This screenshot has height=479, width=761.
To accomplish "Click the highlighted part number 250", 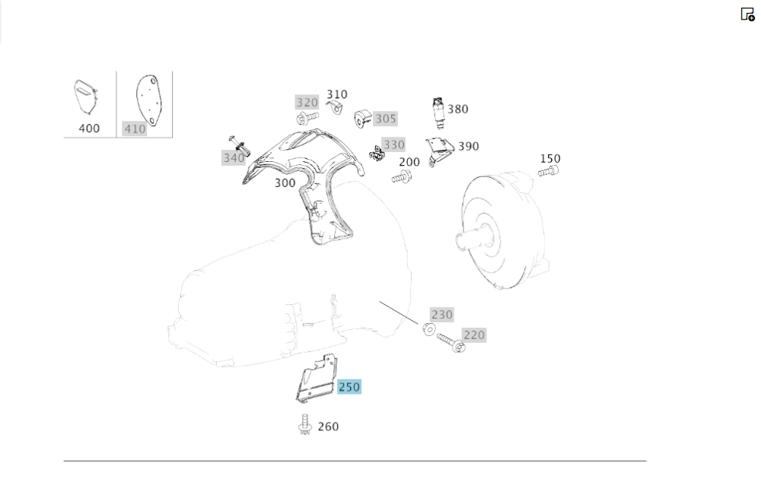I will (x=349, y=387).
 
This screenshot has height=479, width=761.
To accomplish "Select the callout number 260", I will (x=328, y=427).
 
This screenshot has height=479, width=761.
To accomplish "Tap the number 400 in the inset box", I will (x=89, y=128).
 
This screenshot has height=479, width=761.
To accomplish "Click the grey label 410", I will (x=135, y=129).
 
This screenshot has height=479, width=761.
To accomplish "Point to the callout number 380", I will (x=457, y=109).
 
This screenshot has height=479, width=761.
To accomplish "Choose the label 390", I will (x=468, y=146).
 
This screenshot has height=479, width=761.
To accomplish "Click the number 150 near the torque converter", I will (x=550, y=159).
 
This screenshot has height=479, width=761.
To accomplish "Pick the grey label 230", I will (x=441, y=314).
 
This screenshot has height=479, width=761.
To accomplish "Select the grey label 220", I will (x=473, y=335).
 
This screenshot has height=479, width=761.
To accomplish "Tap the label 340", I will (x=234, y=157).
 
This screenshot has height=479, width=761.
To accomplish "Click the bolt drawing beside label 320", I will (x=309, y=118).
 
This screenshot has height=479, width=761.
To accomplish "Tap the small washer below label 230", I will (x=428, y=329).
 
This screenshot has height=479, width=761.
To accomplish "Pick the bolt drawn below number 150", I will (x=547, y=173).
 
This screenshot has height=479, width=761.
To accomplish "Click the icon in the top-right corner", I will (x=747, y=14).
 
